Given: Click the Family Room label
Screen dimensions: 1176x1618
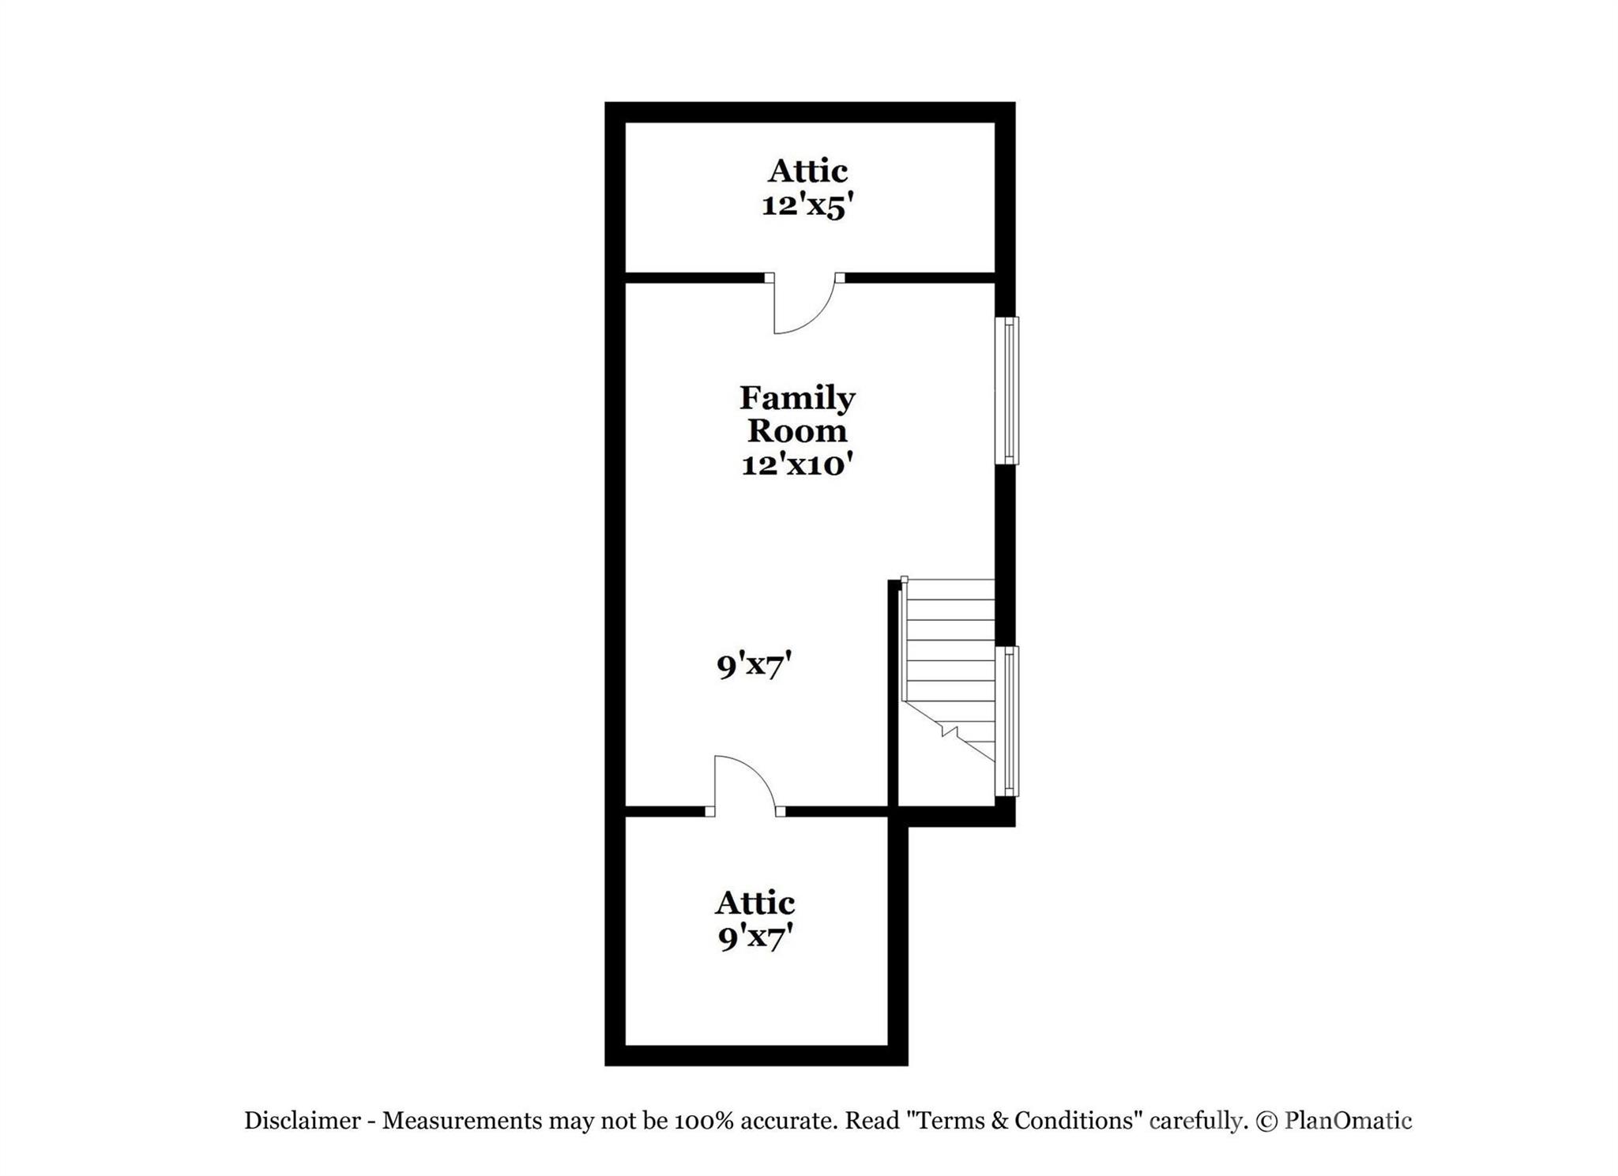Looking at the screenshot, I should [797, 414].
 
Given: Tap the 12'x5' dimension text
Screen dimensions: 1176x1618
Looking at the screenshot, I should [807, 205].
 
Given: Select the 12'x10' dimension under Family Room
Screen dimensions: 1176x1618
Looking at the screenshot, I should [797, 465].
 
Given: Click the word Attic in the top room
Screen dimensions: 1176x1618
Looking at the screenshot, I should [807, 171].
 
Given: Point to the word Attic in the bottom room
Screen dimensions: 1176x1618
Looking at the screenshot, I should [755, 903].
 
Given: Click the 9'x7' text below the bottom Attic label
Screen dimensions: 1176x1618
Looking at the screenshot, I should [755, 937].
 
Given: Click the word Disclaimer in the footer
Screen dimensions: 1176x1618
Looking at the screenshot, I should [302, 1121].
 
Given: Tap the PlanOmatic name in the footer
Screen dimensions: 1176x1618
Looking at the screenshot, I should [1348, 1121].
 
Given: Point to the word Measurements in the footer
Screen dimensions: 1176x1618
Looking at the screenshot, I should [462, 1121].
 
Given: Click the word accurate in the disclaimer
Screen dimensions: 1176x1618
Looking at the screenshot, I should [785, 1121].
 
